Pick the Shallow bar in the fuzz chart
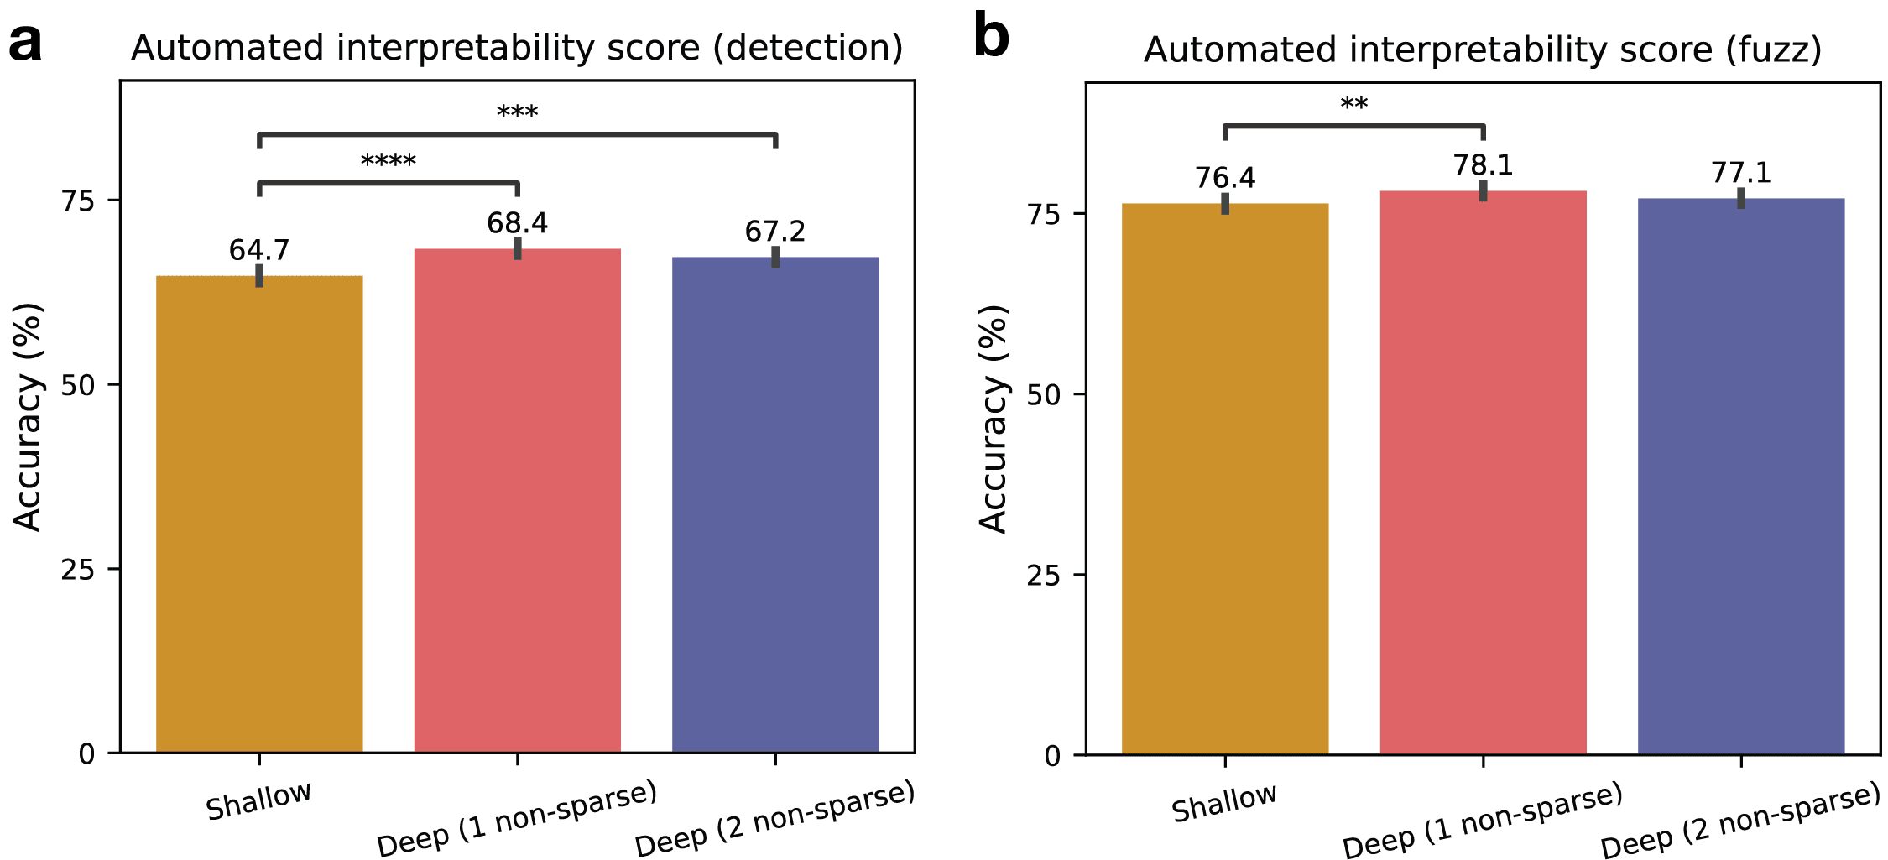pos(1224,479)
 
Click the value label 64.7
pos(259,250)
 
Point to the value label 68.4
pos(517,223)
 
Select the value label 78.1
pos(1483,165)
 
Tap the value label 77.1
pos(1740,173)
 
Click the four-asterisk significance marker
pos(388,161)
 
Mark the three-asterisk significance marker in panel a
pos(517,112)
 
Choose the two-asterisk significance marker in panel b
pos(1353,105)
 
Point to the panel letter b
pos(991,38)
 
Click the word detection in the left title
pos(807,48)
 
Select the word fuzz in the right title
pos(1772,50)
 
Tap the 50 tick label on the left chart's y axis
pos(78,385)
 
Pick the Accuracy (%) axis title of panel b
pos(994,418)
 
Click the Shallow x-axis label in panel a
pos(258,800)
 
